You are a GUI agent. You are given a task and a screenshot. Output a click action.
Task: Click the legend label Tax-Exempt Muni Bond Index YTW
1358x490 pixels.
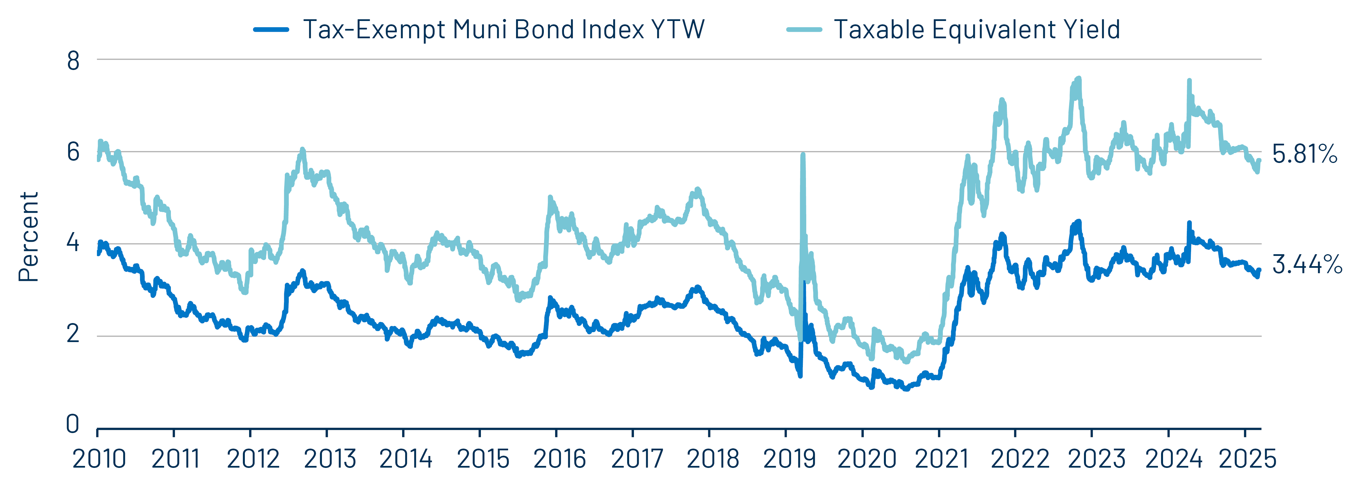coord(504,29)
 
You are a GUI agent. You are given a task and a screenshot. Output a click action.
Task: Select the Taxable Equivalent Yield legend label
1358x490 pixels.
coord(976,29)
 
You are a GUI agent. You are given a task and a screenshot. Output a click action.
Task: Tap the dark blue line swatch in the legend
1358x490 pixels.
coord(271,29)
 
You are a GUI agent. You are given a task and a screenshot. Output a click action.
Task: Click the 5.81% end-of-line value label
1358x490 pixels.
coord(1304,154)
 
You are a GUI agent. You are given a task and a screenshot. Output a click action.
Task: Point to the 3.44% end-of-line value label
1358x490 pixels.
coord(1306,264)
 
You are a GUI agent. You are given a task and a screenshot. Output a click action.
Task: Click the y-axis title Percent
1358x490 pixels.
coord(28,237)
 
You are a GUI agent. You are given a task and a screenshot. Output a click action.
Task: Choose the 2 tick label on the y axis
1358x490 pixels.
coord(73,334)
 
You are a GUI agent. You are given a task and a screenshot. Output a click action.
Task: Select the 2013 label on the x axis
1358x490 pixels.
coord(330,458)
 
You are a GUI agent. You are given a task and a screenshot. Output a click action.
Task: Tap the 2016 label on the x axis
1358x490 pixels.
coord(559,458)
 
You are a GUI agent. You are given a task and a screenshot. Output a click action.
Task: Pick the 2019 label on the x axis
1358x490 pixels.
coord(789,458)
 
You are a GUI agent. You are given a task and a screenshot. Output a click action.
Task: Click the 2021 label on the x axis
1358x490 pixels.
coord(941,458)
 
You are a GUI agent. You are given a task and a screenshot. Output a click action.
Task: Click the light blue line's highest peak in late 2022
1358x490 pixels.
coord(1079,79)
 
